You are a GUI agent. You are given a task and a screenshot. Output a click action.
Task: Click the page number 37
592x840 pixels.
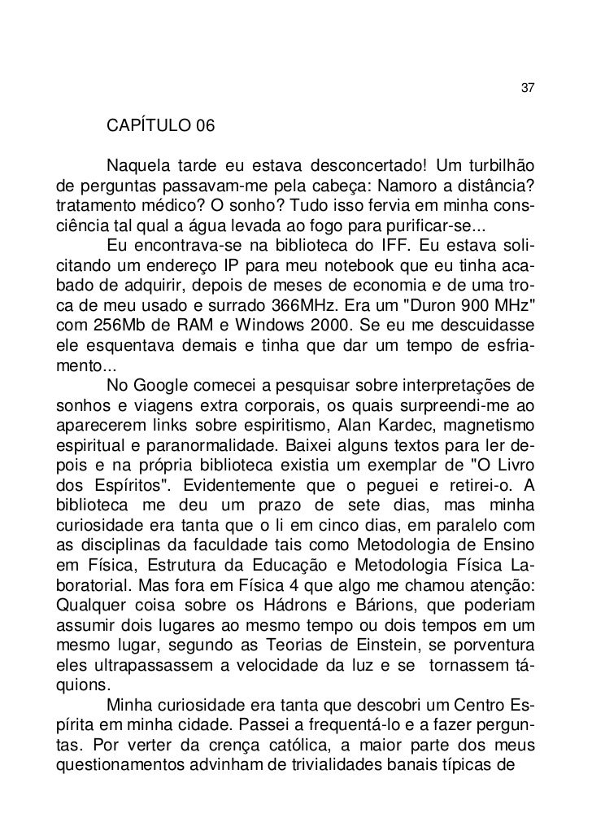[x=526, y=88]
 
